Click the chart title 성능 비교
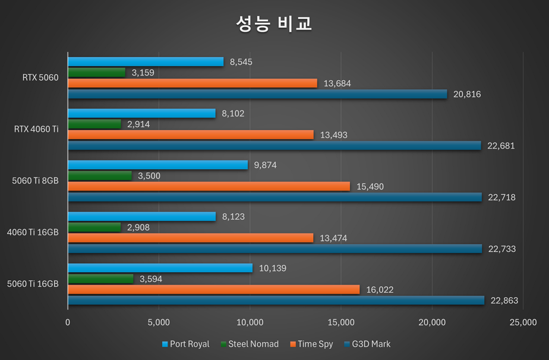274,24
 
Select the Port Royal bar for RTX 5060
146,62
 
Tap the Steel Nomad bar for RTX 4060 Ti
94,124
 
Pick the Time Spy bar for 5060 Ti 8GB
209,187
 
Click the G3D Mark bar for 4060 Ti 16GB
274,249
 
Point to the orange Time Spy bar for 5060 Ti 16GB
213,289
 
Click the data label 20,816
467,94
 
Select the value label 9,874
265,165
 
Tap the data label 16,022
380,290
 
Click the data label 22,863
504,301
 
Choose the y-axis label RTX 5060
40,78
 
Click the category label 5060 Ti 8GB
35,181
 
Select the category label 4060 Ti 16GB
33,232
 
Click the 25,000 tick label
522,323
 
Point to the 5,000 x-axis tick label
159,323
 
